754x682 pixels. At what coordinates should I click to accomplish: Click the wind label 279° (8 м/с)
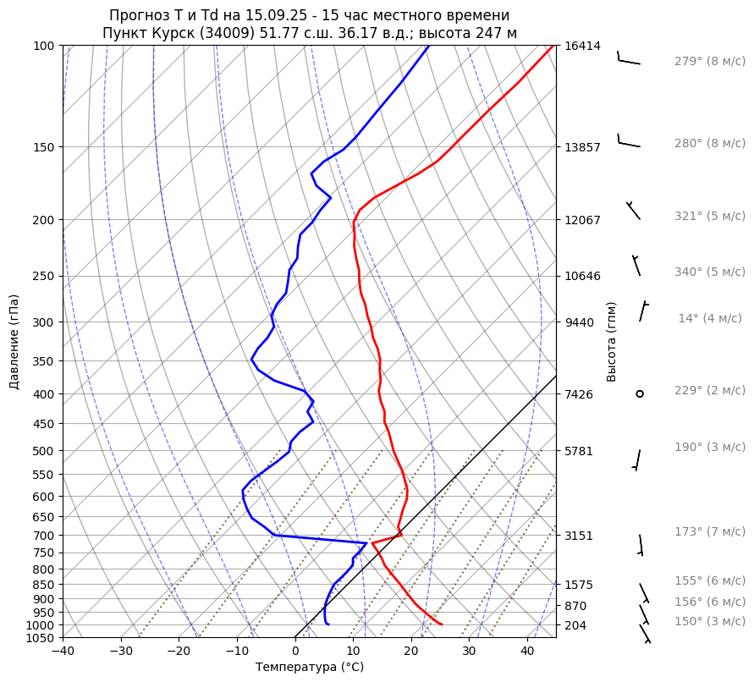(x=709, y=62)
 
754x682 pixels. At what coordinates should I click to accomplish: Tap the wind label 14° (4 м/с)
(x=709, y=319)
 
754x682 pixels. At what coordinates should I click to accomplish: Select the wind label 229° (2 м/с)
(x=709, y=391)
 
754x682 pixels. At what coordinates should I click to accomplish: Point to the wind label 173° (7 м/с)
(x=709, y=532)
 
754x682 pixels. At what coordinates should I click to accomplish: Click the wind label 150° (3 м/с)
(x=709, y=622)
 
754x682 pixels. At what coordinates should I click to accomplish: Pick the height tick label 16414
(x=582, y=46)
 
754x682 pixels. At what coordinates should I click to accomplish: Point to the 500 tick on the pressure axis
(x=44, y=451)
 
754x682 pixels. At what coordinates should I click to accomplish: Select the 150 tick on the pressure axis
(x=44, y=147)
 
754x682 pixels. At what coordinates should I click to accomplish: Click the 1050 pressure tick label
(x=41, y=638)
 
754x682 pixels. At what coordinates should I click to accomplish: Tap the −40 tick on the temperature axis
(x=63, y=652)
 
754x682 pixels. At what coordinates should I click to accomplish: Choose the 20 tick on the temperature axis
(x=411, y=652)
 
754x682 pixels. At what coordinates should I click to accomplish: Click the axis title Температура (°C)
(x=310, y=668)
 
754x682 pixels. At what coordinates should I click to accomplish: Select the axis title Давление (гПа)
(x=14, y=342)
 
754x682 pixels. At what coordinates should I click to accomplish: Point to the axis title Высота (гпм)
(x=612, y=342)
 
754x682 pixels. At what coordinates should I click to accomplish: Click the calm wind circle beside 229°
(x=640, y=393)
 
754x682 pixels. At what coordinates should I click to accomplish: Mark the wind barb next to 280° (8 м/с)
(x=627, y=142)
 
